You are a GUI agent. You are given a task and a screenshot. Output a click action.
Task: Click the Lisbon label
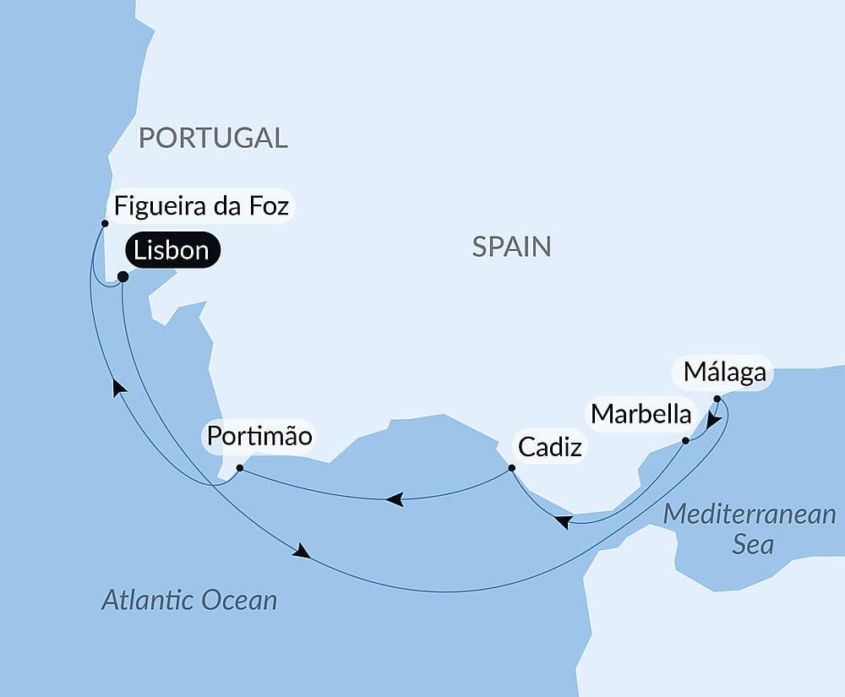172,251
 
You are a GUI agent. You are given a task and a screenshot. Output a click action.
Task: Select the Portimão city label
259,437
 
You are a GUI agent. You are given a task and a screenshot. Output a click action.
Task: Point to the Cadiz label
550,447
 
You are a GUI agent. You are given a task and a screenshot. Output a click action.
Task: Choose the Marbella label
641,414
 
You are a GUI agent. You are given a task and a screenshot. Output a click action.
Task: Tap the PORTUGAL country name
213,138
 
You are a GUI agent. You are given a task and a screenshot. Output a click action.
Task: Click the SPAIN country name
511,247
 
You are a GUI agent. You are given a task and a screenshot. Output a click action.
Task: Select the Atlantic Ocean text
189,601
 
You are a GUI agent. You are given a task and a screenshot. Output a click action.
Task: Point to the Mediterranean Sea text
750,529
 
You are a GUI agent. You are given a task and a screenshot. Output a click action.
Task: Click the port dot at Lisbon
123,276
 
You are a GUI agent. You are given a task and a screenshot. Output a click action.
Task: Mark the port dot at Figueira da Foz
105,224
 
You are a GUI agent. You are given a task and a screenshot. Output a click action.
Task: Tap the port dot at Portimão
240,467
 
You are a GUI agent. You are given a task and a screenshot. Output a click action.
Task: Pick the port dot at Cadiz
511,467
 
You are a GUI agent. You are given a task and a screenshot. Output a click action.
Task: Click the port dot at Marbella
685,440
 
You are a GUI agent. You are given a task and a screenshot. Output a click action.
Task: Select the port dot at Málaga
717,398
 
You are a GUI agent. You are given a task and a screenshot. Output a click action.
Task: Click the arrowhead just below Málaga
714,420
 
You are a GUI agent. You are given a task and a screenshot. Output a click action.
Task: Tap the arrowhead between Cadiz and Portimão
394,499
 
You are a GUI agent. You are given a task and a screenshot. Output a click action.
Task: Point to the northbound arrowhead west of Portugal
119,387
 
